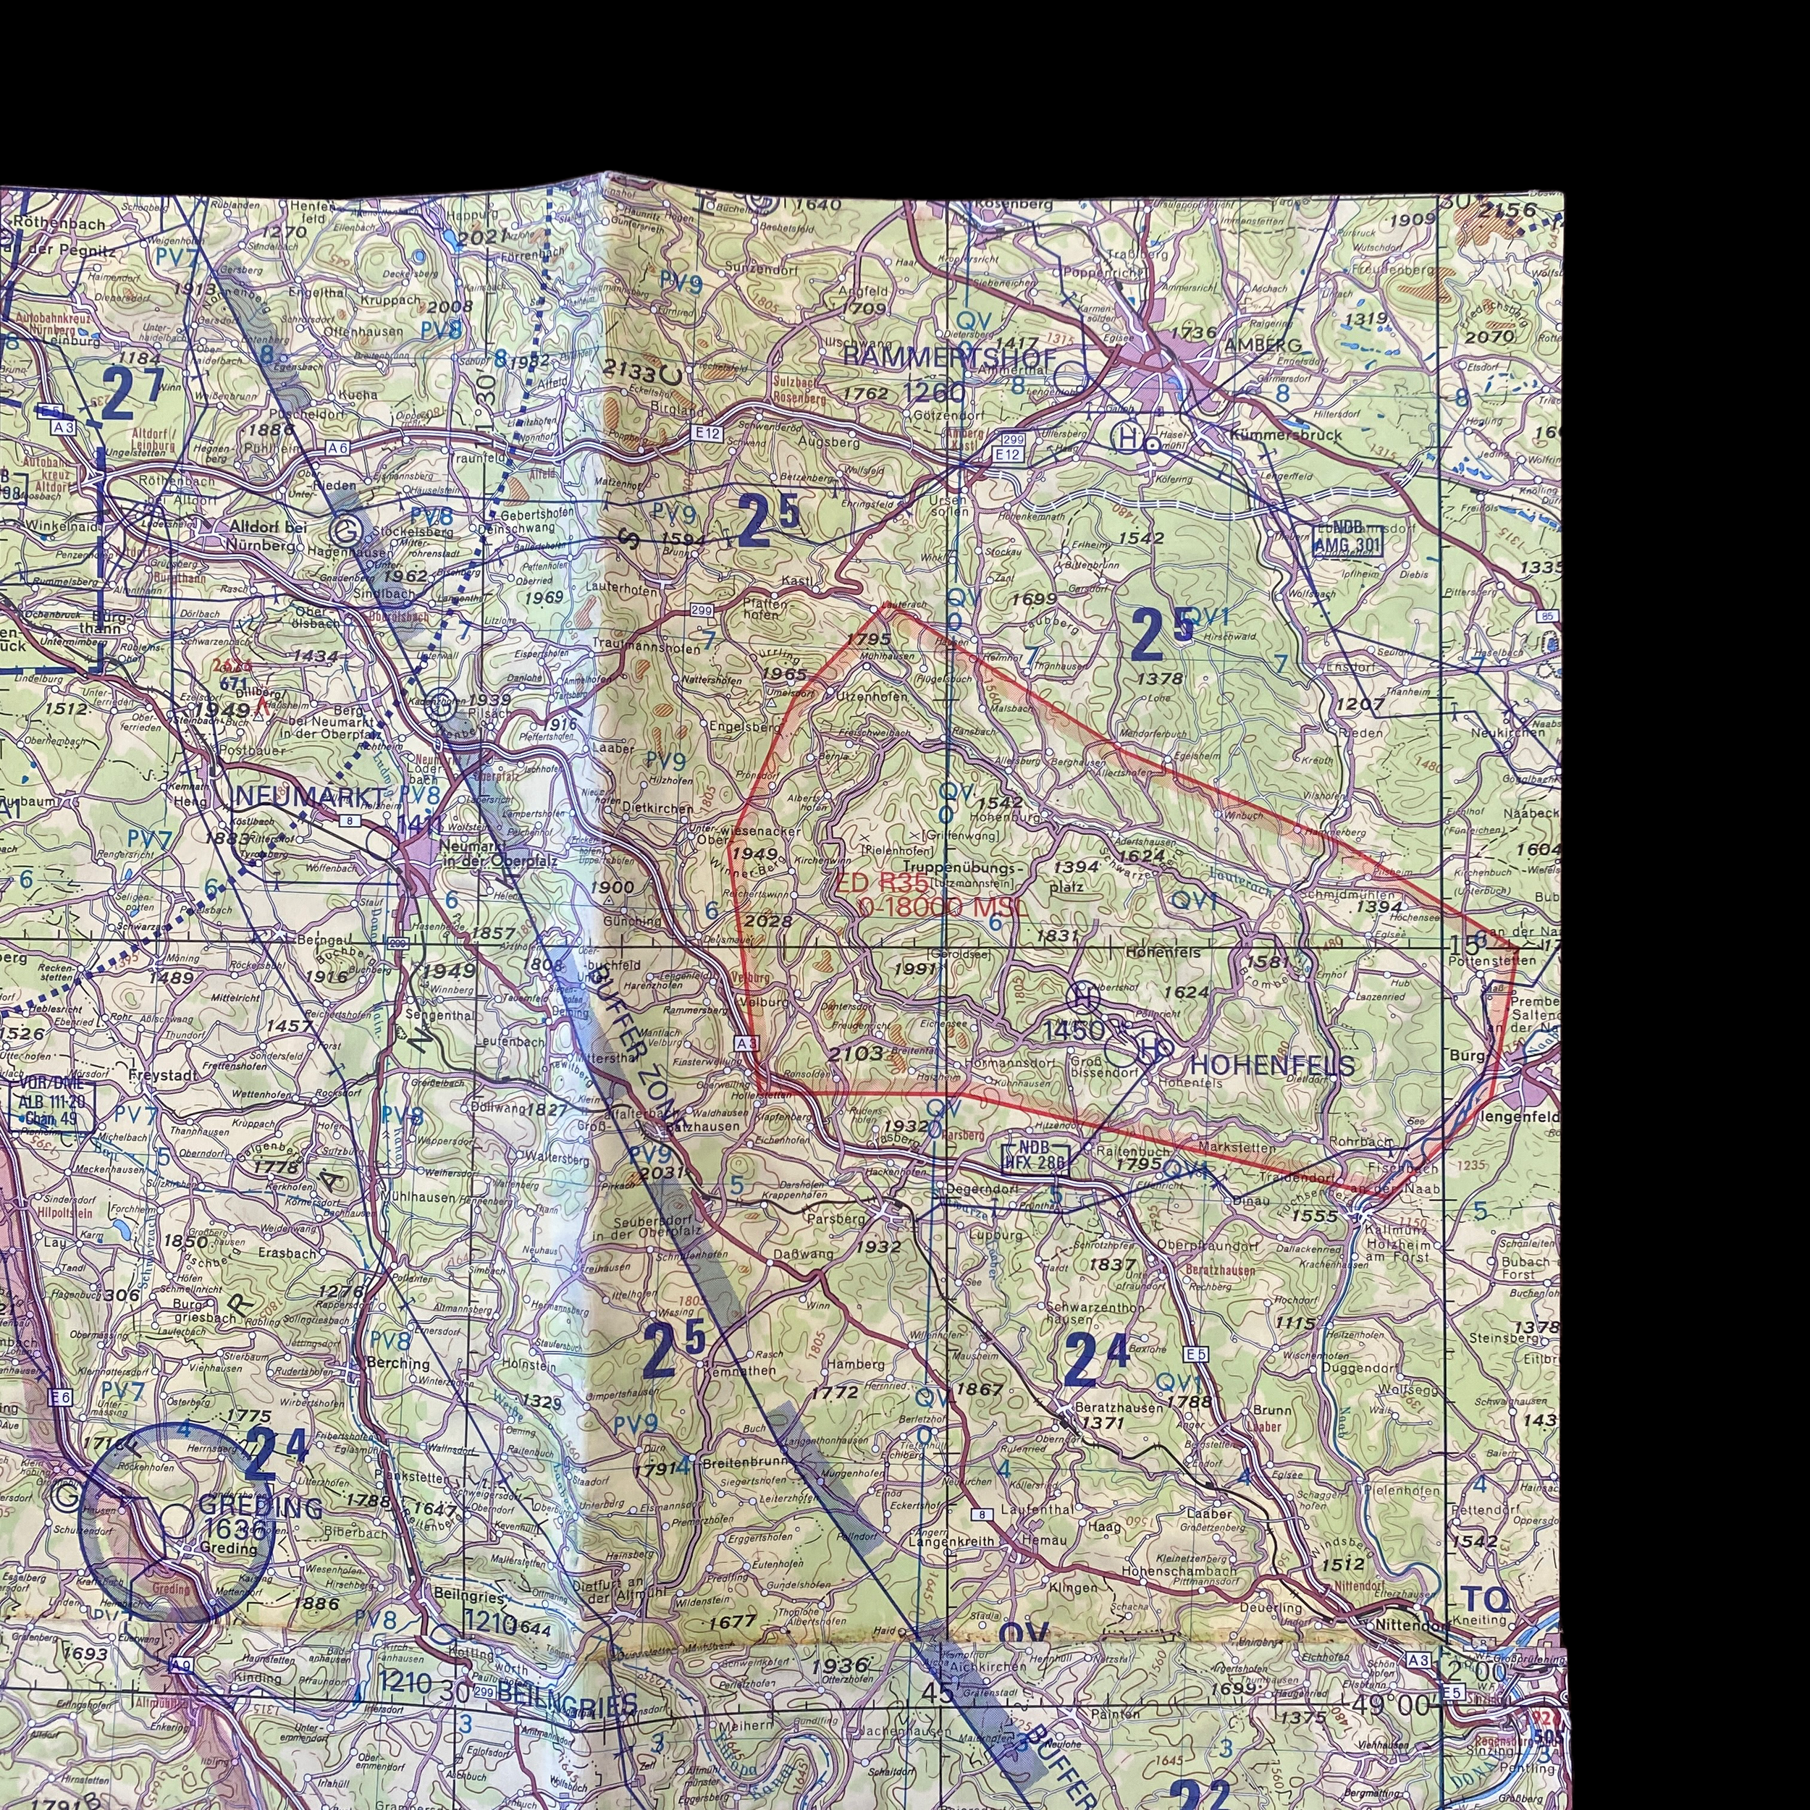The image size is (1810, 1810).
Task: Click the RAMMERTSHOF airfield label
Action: click(x=949, y=358)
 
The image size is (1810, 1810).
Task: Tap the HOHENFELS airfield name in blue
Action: click(x=1271, y=1065)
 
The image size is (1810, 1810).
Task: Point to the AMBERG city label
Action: click(x=1263, y=345)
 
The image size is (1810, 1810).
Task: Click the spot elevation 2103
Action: click(x=855, y=1053)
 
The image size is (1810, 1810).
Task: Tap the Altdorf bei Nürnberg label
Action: click(x=267, y=536)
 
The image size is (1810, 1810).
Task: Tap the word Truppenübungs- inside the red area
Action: click(x=957, y=869)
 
